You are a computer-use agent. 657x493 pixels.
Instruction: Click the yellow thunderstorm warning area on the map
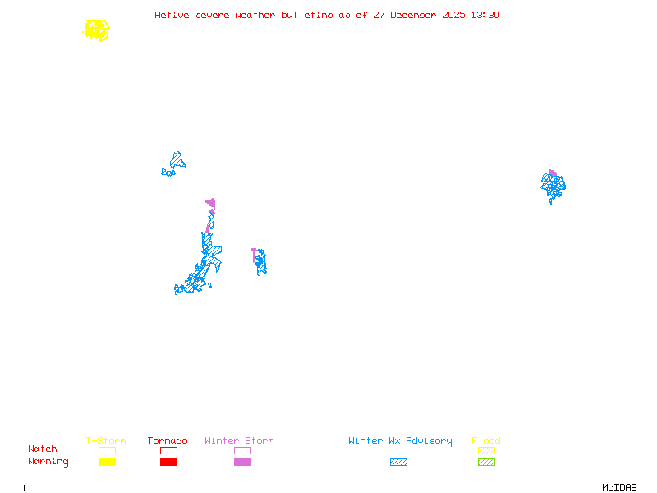click(97, 30)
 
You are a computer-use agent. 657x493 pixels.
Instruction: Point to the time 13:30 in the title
click(485, 15)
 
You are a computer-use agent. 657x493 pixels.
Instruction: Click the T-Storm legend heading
click(106, 441)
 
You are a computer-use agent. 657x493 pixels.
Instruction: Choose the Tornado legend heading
click(168, 441)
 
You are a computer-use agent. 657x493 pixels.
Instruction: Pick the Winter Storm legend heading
click(239, 441)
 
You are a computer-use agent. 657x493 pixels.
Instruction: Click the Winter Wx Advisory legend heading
click(400, 441)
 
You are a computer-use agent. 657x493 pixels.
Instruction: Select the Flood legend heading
click(486, 441)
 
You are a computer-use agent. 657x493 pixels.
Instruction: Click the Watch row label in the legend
click(43, 449)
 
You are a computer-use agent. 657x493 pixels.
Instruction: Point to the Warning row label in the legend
click(48, 462)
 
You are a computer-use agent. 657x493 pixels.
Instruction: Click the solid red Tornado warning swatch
click(168, 463)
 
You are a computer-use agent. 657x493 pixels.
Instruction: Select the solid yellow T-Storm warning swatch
click(107, 463)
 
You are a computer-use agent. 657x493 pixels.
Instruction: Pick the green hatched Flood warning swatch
click(486, 463)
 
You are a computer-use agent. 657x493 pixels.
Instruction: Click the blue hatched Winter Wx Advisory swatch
click(398, 463)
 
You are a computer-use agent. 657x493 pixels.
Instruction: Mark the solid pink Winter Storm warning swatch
click(242, 463)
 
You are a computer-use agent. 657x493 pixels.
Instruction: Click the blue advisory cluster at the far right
click(554, 187)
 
